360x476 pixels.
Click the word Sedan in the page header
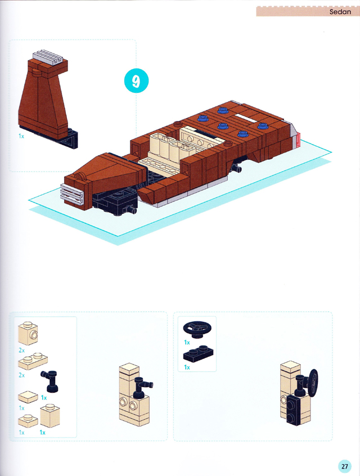tap(340, 12)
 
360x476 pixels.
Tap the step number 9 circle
tap(136, 81)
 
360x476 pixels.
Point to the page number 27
tap(344, 466)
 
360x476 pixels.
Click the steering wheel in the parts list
tap(197, 329)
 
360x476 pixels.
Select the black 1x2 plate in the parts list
tap(198, 354)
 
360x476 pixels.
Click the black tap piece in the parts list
tap(49, 381)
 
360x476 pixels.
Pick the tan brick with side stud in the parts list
tap(28, 333)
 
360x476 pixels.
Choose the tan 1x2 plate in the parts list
tap(33, 361)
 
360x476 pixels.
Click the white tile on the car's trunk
tap(246, 118)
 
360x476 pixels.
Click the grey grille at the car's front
tap(72, 194)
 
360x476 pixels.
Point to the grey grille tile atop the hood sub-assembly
tap(49, 57)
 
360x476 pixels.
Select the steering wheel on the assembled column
tap(312, 381)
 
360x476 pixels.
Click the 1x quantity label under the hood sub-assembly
tap(21, 136)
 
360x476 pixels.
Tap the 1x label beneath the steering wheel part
tap(187, 343)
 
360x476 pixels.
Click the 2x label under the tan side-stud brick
tap(21, 350)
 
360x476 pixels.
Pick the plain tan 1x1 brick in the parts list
tap(50, 416)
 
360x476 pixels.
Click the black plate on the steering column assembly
tap(298, 410)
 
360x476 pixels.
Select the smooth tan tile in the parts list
tap(28, 397)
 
